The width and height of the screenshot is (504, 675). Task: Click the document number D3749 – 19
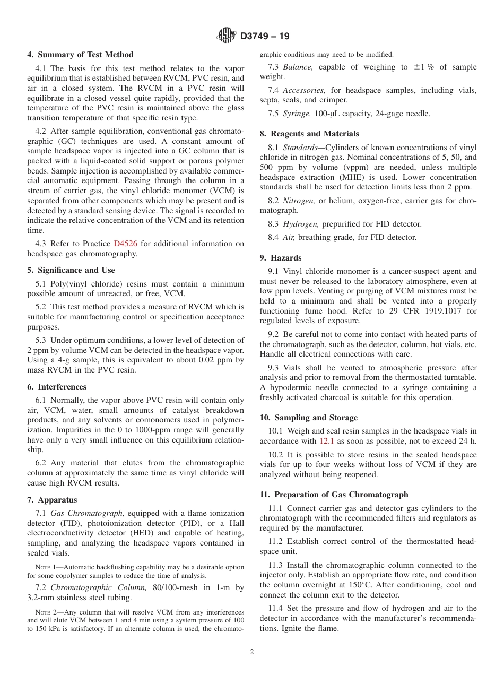[265, 37]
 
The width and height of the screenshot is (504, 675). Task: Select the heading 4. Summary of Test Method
[80, 55]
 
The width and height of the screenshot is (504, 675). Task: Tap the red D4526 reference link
[125, 244]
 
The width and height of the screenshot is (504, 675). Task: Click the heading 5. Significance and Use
[71, 270]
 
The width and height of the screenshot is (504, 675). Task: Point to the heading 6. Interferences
[57, 387]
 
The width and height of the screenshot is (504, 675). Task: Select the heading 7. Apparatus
[52, 500]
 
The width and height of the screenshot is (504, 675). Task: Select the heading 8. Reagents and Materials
[309, 134]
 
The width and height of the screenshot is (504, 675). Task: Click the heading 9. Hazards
[281, 258]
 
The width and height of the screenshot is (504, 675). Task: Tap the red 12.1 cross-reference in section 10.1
[326, 441]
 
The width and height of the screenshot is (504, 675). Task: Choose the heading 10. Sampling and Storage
[309, 418]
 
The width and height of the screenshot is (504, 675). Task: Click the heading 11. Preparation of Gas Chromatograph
[334, 495]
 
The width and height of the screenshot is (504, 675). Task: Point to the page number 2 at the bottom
[252, 652]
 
